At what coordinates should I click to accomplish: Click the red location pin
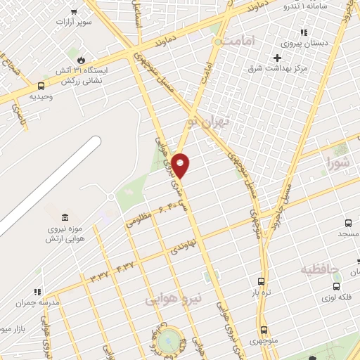click(x=181, y=165)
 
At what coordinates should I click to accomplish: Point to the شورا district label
click(x=337, y=164)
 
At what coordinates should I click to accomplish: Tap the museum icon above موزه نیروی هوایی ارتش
click(x=65, y=217)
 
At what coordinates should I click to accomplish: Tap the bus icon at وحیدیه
click(x=40, y=87)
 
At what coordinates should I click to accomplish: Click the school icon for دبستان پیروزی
click(x=303, y=32)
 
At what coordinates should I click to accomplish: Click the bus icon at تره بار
click(x=262, y=281)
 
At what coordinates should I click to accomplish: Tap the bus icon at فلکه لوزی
click(x=336, y=287)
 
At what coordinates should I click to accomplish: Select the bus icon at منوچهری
click(x=264, y=330)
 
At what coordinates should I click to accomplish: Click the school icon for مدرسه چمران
click(x=37, y=292)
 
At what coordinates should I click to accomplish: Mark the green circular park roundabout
click(x=169, y=341)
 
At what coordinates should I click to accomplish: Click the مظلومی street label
click(x=139, y=220)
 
